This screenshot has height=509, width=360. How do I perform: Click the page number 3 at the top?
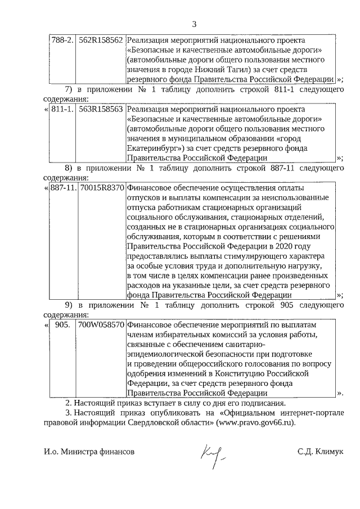tap(195, 24)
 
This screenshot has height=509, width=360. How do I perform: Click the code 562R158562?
tap(101, 40)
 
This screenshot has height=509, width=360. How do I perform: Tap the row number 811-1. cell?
tap(62, 109)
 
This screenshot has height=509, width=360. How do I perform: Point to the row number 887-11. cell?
tap(62, 188)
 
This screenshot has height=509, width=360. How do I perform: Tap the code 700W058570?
tap(101, 326)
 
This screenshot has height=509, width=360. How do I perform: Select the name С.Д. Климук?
tap(321, 452)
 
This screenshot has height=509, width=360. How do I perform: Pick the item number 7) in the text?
tap(70, 89)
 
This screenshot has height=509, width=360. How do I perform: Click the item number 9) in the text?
tap(70, 305)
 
